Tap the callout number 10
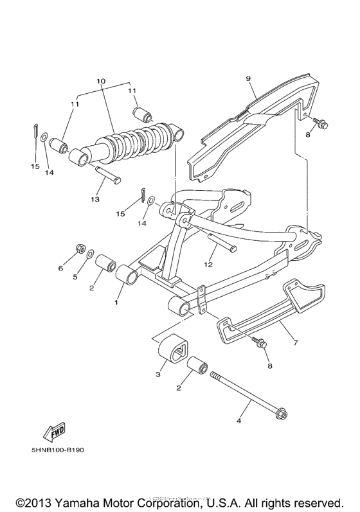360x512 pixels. [100, 82]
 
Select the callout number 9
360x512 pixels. [247, 78]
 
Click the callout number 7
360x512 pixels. [296, 343]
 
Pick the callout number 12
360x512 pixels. [208, 264]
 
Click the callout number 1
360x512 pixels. [116, 301]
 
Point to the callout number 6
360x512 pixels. [61, 268]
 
